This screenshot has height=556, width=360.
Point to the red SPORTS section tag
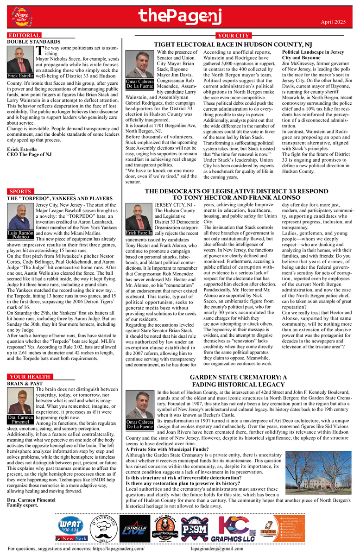[x=20, y=191]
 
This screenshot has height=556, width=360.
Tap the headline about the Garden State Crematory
[x=239, y=381]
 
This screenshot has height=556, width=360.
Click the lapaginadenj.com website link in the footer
[x=118, y=549]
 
